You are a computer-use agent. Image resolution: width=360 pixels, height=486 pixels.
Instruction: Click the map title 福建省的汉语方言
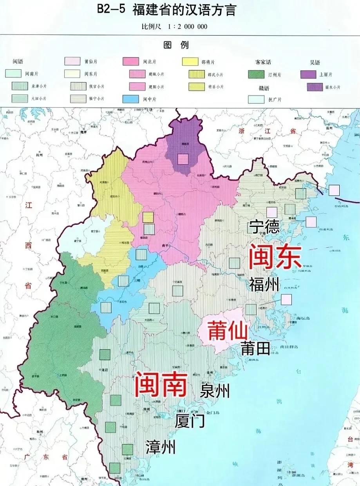coord(185,10)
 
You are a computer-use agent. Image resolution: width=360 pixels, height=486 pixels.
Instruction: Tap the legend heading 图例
coord(176,45)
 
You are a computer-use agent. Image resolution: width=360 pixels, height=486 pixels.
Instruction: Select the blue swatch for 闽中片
coord(130,99)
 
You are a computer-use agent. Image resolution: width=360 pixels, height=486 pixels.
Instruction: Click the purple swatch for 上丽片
coord(308,74)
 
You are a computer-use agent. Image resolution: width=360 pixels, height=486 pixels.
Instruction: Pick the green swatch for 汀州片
coord(256,74)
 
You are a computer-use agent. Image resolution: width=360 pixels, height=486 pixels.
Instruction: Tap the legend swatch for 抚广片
coord(256,99)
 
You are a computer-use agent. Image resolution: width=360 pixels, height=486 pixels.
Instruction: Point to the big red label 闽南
coord(161,384)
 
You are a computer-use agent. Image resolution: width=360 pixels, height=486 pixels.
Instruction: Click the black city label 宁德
coord(265,226)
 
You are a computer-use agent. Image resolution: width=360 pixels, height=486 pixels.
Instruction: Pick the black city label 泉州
coord(215,391)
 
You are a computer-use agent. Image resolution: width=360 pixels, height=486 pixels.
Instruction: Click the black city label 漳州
coord(161,447)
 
